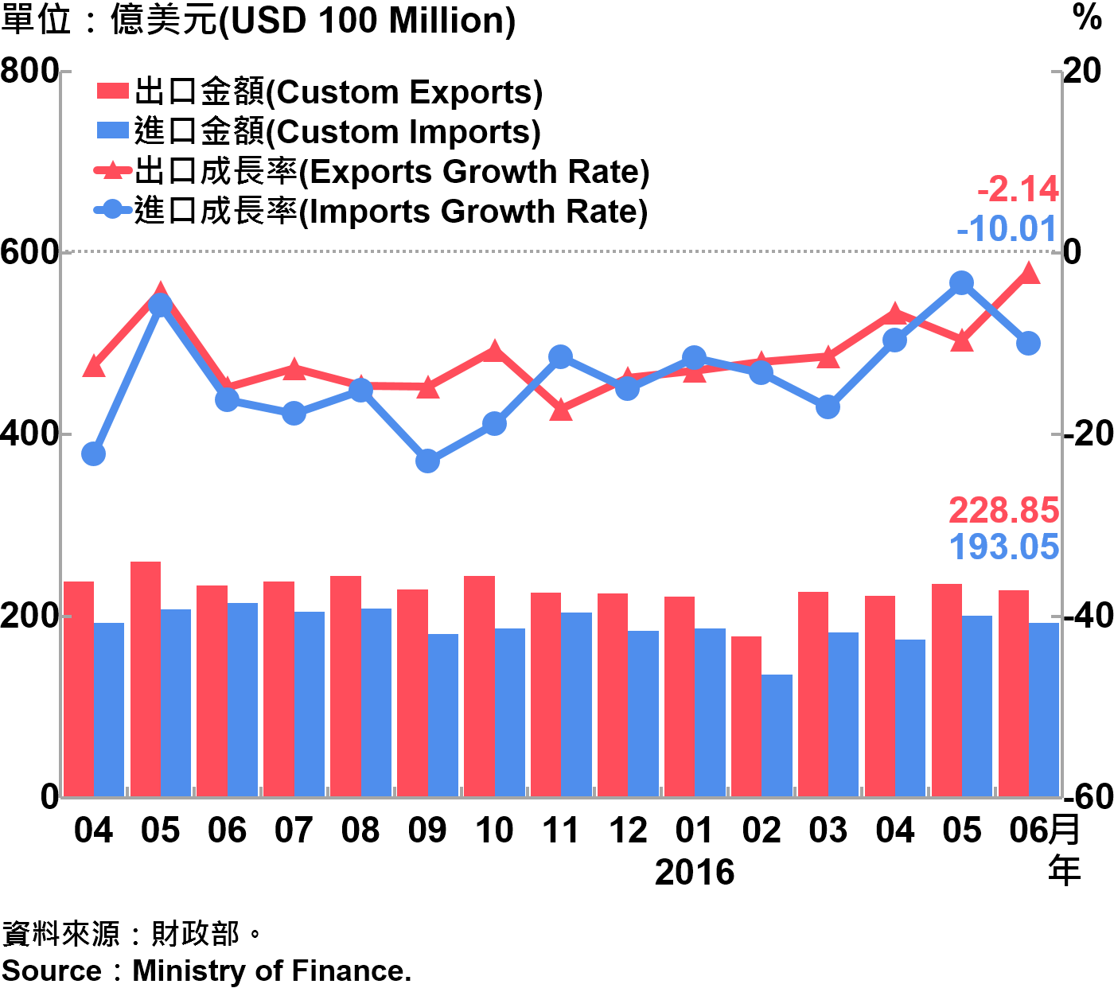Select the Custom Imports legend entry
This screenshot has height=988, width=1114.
tap(318, 132)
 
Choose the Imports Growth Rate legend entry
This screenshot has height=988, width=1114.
tap(371, 212)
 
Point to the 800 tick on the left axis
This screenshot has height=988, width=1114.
tap(29, 71)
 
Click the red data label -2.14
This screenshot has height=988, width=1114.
tap(1018, 190)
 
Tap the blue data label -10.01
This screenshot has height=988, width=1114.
tap(1007, 229)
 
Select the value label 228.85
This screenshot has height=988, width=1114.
tap(1004, 510)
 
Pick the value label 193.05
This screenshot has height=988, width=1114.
tap(1004, 547)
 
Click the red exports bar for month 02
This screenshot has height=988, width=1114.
tap(746, 716)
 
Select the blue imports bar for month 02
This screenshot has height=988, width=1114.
tap(777, 735)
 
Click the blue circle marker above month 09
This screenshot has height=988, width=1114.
tap(428, 461)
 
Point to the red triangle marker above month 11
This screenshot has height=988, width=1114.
tap(562, 410)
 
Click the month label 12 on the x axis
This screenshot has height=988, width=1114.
tap(628, 831)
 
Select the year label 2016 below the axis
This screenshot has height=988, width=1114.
tap(694, 873)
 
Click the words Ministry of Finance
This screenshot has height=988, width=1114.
tap(271, 970)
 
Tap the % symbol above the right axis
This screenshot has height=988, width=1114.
tap(1087, 18)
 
